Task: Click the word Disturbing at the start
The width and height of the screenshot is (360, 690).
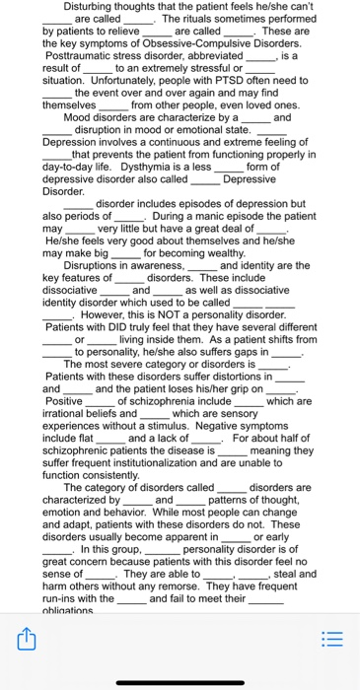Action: coord(88,7)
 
